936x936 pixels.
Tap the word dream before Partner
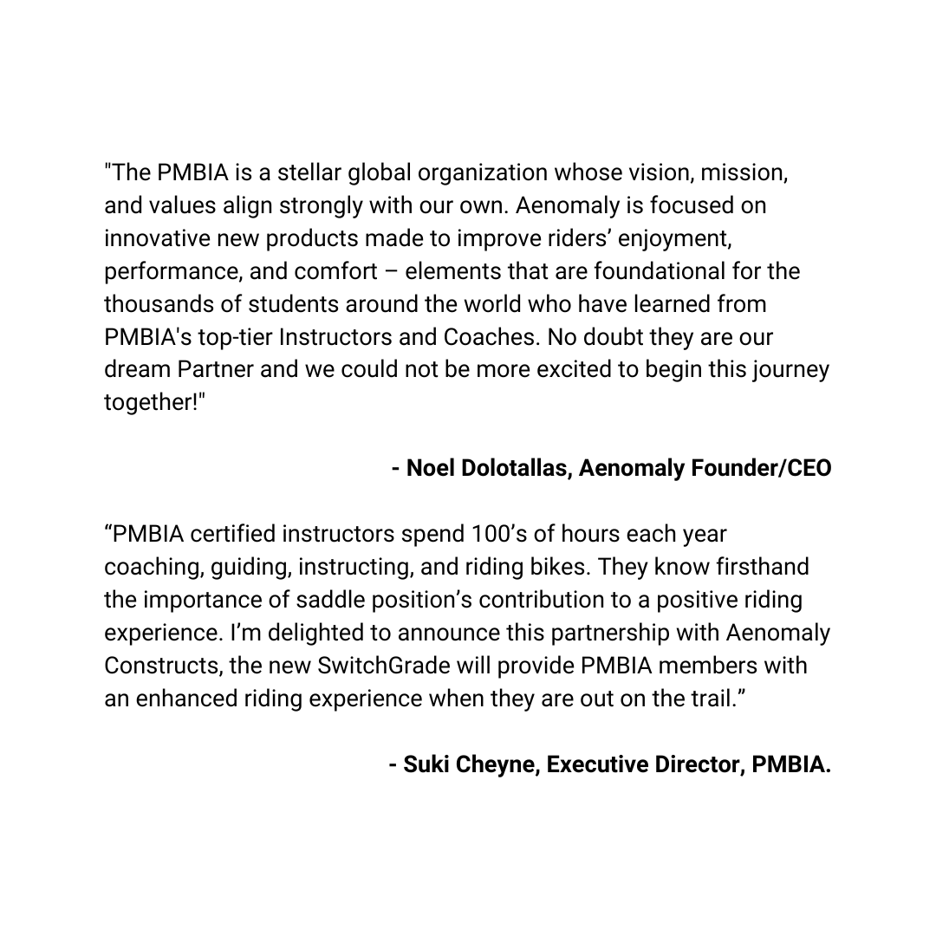click(137, 370)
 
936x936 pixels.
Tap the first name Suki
click(430, 765)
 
